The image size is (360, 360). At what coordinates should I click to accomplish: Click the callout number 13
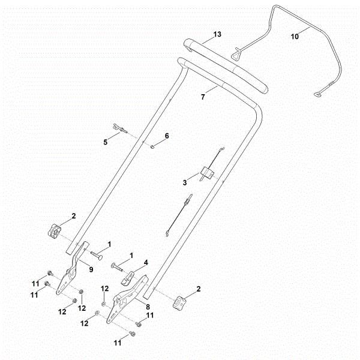click(217, 34)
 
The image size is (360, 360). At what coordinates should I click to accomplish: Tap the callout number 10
click(294, 37)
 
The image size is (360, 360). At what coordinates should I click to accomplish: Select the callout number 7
click(203, 95)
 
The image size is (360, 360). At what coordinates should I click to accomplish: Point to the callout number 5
click(106, 142)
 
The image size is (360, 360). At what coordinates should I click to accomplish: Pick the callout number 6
click(167, 136)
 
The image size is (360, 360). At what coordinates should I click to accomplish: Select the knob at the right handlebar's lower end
click(179, 302)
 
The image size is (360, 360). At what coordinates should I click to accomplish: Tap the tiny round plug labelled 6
click(154, 145)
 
